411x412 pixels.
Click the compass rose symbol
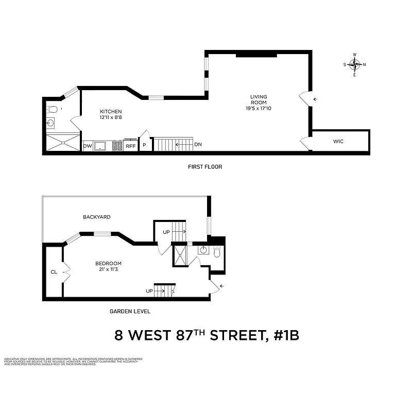(x=354, y=64)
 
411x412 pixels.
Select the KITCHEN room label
(x=111, y=112)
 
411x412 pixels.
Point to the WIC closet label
(x=338, y=141)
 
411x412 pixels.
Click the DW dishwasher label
(x=87, y=146)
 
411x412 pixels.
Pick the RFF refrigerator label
(x=131, y=146)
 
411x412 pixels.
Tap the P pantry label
(x=144, y=146)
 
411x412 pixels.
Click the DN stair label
(x=198, y=144)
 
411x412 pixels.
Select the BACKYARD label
(x=97, y=217)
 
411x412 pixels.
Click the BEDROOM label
(x=108, y=264)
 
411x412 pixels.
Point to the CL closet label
(x=54, y=272)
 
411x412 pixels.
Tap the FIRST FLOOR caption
(x=205, y=167)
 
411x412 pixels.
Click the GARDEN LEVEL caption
(x=130, y=311)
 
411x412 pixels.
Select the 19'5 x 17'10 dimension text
(x=259, y=108)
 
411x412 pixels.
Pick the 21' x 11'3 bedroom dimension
(x=108, y=270)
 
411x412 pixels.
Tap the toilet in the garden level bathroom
(x=217, y=252)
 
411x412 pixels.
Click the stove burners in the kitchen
(x=117, y=146)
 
